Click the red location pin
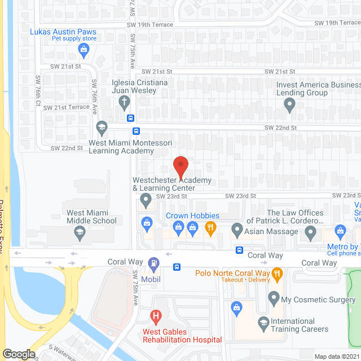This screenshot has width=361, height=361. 180,165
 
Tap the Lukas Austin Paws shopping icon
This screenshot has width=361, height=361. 83,50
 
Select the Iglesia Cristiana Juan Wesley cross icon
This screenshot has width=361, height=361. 124,102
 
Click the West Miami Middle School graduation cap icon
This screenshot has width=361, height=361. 80,232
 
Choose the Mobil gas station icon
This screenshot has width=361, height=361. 152,263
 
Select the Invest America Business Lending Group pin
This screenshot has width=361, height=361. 289,103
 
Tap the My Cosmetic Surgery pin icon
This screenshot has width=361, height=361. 274,297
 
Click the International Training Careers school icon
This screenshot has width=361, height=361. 263,322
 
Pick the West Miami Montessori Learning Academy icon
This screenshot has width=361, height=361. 102,126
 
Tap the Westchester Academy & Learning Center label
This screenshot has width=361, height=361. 171,184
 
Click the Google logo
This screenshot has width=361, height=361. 18,354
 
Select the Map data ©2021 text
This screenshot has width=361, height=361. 337,356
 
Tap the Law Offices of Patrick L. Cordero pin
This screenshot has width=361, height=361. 310,231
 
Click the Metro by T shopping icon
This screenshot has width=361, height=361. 340,231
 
